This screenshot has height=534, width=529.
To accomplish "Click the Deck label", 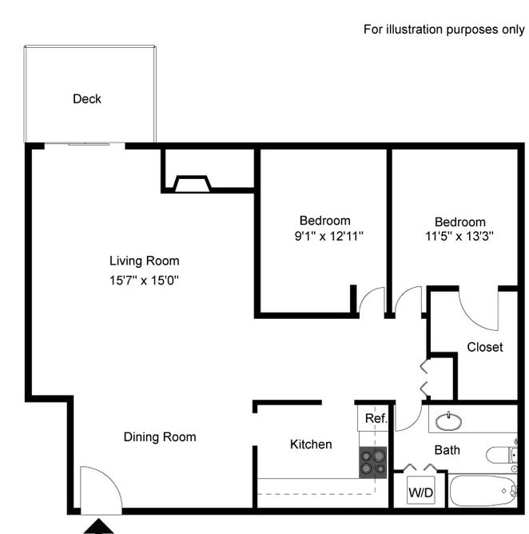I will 87,99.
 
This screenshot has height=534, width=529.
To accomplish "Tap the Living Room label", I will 144,261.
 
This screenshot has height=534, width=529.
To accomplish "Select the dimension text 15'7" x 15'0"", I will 144,280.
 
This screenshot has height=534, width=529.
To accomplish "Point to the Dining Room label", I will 160,436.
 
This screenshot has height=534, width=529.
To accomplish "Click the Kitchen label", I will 311,444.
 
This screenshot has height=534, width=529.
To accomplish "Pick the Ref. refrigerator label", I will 376,418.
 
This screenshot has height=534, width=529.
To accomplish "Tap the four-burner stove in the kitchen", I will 372,462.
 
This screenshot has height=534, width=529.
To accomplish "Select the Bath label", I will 447,450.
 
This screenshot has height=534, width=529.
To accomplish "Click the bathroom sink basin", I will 451,419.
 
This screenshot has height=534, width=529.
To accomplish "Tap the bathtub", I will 483,490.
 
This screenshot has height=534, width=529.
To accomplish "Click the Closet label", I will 485,347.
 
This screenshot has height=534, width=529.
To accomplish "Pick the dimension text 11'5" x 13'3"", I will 459,236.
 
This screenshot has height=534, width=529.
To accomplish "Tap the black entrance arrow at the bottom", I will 99,526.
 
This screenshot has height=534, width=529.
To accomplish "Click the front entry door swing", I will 100,489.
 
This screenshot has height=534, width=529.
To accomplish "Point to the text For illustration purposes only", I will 444,30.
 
